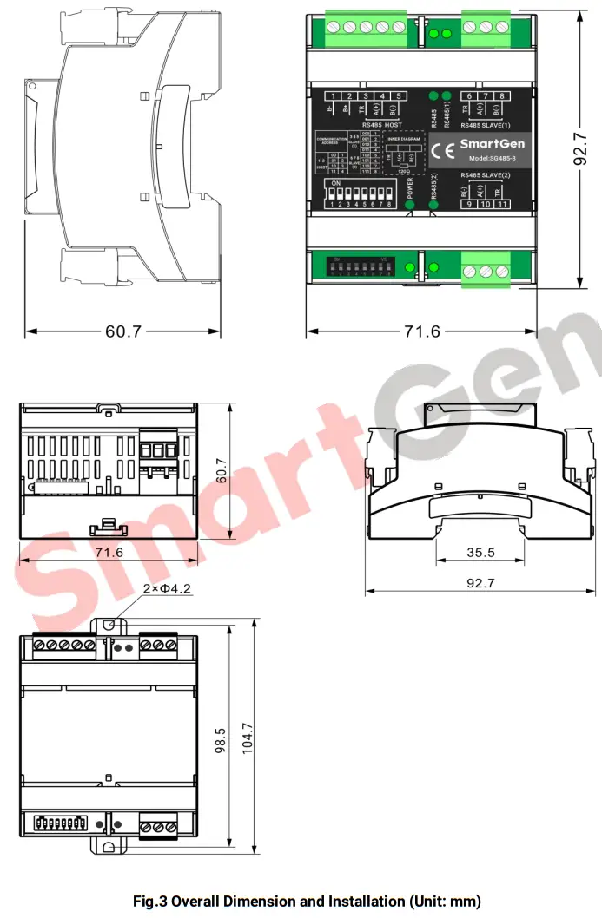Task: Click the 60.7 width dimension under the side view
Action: tap(122, 331)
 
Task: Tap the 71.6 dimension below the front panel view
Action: tap(422, 331)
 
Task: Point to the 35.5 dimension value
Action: tap(480, 552)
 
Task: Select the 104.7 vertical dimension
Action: tap(248, 738)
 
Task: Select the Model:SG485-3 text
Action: tap(492, 158)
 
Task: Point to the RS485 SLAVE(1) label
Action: tap(487, 125)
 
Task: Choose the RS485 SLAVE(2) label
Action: tap(487, 175)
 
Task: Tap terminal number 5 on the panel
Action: tap(397, 96)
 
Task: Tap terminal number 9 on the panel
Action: tap(468, 204)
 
